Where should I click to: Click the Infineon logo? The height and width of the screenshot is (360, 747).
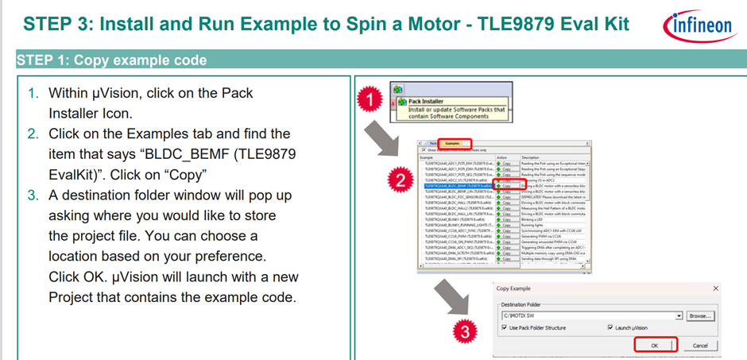698,25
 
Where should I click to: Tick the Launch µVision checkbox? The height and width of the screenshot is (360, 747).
610,327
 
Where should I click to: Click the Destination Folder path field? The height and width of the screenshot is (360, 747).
588,315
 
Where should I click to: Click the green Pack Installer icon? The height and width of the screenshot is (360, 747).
397,89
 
